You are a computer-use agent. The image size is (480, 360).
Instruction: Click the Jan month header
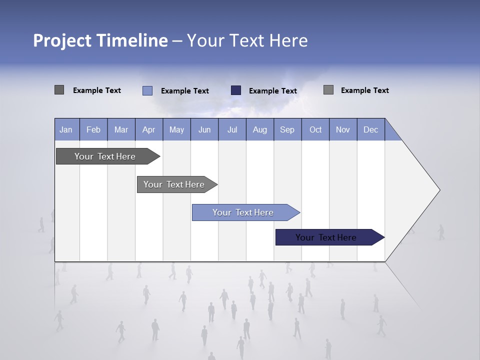[x=66, y=129]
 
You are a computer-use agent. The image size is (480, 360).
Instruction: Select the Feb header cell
[x=93, y=129]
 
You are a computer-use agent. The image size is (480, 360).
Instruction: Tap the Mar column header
[x=121, y=129]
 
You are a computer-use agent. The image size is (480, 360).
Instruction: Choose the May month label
[x=176, y=129]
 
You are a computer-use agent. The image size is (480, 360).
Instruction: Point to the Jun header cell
[x=204, y=129]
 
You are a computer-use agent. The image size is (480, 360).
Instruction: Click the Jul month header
[x=232, y=129]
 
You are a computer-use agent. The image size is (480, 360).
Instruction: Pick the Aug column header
[x=260, y=129]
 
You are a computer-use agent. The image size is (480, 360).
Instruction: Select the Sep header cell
[x=287, y=129]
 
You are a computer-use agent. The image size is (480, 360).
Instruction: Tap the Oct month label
[x=315, y=129]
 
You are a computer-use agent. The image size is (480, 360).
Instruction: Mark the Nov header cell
[x=343, y=129]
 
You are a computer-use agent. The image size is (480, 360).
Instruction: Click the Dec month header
[x=370, y=129]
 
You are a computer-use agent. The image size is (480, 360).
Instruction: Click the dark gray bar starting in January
[x=105, y=156]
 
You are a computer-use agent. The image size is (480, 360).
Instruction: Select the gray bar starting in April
[x=174, y=184]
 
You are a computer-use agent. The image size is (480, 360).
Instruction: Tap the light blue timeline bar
[x=243, y=212]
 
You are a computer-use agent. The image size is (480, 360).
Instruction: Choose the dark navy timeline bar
[x=326, y=237]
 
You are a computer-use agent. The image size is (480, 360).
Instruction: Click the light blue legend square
[x=147, y=90]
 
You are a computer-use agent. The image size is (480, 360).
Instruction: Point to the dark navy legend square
[x=236, y=90]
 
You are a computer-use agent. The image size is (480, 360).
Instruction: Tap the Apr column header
[x=148, y=129]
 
